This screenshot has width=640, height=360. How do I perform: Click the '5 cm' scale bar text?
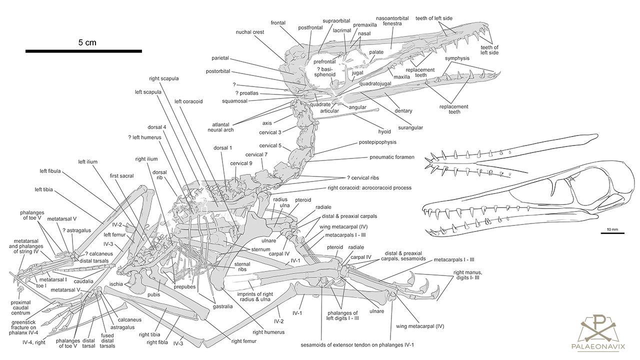[87, 42]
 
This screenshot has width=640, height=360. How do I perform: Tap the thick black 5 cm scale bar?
[83, 51]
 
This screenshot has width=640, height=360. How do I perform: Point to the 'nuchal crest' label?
[250, 32]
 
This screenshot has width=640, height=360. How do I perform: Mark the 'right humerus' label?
[268, 331]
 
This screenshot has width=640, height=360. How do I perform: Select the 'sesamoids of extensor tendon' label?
[357, 344]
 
